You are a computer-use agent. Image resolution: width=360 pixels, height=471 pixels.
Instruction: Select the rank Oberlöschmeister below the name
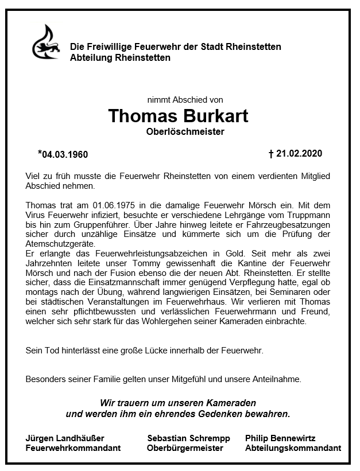point(185,132)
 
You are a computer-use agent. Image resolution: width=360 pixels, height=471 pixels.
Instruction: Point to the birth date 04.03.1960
point(65,154)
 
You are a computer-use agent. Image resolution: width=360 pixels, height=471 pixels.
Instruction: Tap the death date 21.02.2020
point(299,154)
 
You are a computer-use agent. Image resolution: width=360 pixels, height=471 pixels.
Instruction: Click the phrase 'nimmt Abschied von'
point(184,99)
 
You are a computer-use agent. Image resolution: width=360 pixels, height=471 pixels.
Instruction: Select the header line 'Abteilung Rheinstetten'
point(120,58)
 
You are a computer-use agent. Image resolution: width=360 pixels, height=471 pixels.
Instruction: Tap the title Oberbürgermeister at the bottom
point(185,448)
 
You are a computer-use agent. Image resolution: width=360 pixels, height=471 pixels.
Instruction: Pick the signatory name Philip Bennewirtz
point(280,438)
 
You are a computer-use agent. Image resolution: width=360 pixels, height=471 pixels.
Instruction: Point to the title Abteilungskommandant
point(293,448)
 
